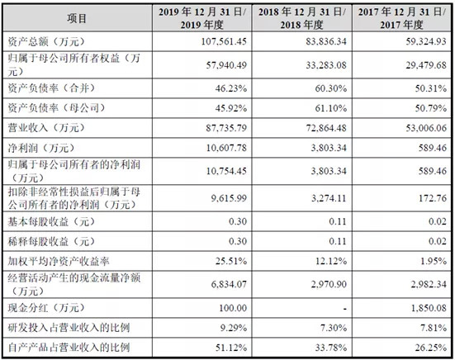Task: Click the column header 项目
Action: tap(77, 18)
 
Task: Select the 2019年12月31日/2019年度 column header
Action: tap(202, 18)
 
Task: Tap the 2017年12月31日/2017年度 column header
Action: tap(401, 18)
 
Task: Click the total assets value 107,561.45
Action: tap(224, 41)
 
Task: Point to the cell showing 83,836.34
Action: tap(326, 41)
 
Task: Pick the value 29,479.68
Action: tap(426, 65)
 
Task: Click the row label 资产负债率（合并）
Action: tap(51, 88)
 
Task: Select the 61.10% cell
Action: tap(331, 108)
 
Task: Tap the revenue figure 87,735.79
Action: tap(226, 128)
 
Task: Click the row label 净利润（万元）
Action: tap(41, 148)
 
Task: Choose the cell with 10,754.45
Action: tap(226, 171)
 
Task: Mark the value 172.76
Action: tap(433, 198)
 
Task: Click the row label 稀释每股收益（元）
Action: tap(51, 241)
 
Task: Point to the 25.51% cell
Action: tap(231, 261)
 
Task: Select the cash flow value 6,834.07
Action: tap(229, 284)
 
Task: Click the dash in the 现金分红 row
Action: tap(344, 309)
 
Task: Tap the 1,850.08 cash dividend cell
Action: tap(429, 308)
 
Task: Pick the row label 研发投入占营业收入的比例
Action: tap(69, 328)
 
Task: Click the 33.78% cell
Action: tap(331, 348)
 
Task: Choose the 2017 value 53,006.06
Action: tap(426, 128)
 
